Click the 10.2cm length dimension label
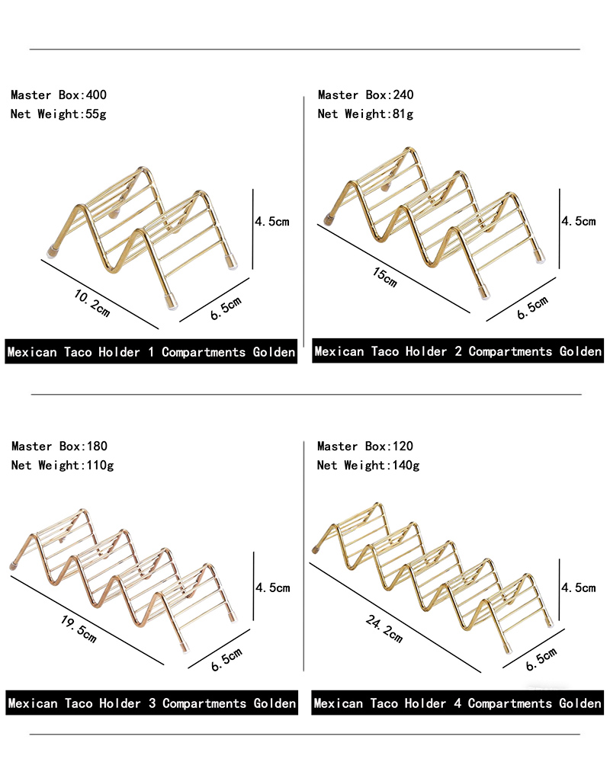click(92, 303)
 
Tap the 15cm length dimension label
click(385, 277)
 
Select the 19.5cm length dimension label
click(79, 629)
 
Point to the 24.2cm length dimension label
click(384, 629)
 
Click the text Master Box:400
click(59, 94)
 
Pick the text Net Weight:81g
click(365, 114)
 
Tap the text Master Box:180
click(59, 446)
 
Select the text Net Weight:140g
click(368, 466)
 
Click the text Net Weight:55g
click(59, 114)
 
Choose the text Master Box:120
click(364, 446)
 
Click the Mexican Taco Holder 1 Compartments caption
click(127, 352)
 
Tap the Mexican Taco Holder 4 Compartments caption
click(433, 703)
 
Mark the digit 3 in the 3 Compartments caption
click(152, 703)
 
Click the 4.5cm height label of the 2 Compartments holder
click(579, 222)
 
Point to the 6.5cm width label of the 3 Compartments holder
click(226, 659)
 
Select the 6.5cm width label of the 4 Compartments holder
click(541, 659)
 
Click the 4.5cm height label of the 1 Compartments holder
click(272, 222)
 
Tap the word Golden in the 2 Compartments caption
click(580, 351)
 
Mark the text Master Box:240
click(366, 94)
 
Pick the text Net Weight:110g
click(63, 466)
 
